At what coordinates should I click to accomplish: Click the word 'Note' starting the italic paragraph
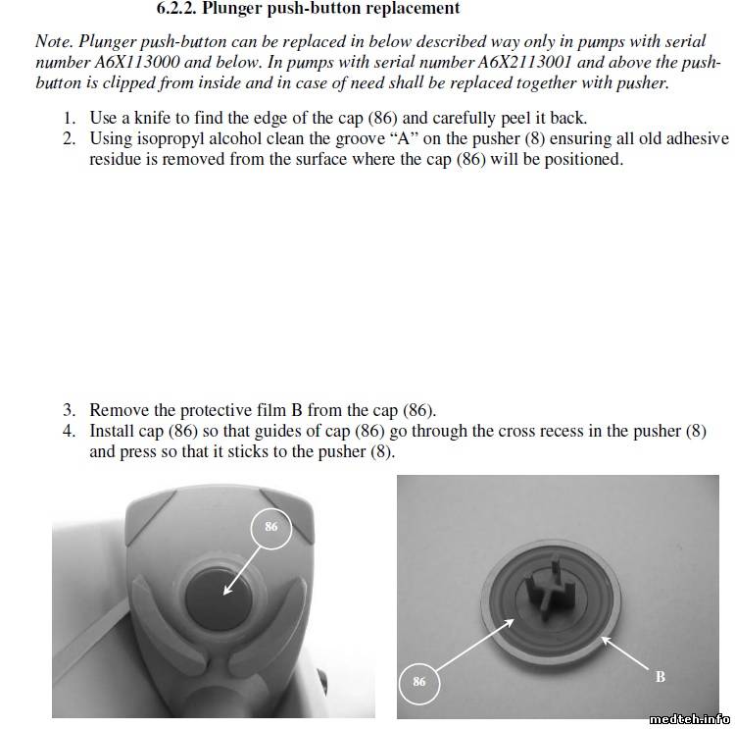pos(53,41)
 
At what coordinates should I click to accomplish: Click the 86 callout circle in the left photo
pos(271,527)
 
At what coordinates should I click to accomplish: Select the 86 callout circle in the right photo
pos(419,681)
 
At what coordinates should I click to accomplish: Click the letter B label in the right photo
pos(660,677)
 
